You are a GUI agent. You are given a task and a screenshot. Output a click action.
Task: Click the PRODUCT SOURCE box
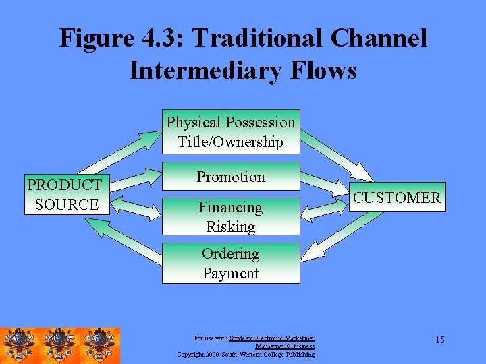pos(65,194)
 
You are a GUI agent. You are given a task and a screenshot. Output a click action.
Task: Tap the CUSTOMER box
pos(397,198)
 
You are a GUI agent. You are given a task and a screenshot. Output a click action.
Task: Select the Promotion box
pos(231,177)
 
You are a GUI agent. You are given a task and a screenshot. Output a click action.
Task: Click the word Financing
pos(230,208)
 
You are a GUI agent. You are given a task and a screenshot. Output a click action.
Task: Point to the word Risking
pos(230,226)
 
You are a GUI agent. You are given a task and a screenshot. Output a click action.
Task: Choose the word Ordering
pos(230,254)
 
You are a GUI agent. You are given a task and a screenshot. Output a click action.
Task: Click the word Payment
pos(230,273)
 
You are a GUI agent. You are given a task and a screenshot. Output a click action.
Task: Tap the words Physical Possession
pos(230,123)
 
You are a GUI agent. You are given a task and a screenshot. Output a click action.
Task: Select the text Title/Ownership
pos(230,142)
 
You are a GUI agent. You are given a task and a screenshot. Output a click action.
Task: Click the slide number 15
pos(439,340)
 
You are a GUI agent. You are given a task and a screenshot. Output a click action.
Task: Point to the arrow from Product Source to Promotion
pos(136,179)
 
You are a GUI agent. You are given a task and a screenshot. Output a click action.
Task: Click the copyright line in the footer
pos(246,354)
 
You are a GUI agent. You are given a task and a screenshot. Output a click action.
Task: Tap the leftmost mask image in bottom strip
pos(20,346)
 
